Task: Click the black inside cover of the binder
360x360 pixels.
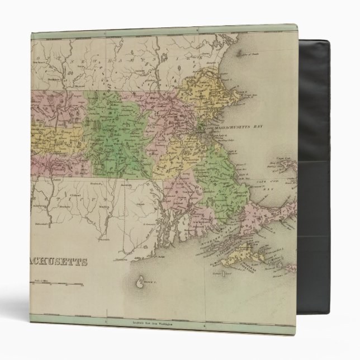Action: [324, 168]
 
